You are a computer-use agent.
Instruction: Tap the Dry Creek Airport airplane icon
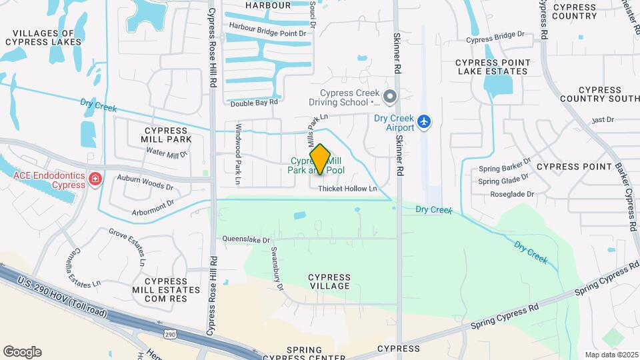pyautogui.click(x=425, y=122)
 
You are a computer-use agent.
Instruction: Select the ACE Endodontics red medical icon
pyautogui.click(x=95, y=179)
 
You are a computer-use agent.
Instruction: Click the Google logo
pyautogui.click(x=22, y=352)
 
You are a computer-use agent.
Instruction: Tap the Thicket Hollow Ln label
pyautogui.click(x=347, y=189)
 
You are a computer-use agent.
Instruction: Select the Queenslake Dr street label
pyautogui.click(x=246, y=239)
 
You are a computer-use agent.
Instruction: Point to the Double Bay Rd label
pyautogui.click(x=253, y=103)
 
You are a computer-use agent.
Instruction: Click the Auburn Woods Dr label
pyautogui.click(x=145, y=179)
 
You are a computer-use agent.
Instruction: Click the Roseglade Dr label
pyautogui.click(x=512, y=194)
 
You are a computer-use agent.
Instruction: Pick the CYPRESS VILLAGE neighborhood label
pyautogui.click(x=330, y=281)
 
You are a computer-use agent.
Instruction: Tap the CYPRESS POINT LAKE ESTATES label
pyautogui.click(x=493, y=67)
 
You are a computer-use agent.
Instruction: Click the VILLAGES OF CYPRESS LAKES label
pyautogui.click(x=43, y=37)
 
